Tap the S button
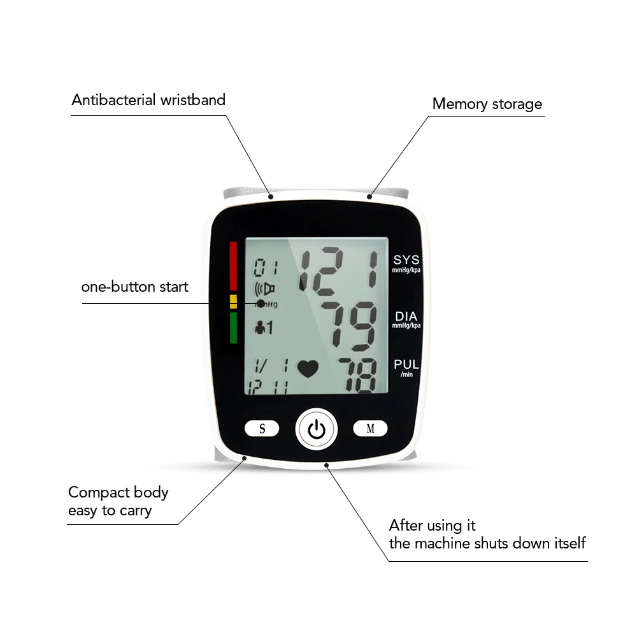[x=262, y=429]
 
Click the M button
[x=370, y=429]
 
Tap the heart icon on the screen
[x=307, y=369]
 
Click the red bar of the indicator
[x=233, y=266]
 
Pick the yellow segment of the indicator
[x=233, y=301]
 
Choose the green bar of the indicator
[x=233, y=327]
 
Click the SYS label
[x=406, y=260]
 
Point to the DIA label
[x=406, y=316]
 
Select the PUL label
[x=406, y=364]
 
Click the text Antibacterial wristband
[x=148, y=100]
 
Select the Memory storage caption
[x=487, y=104]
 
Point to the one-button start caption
[x=134, y=287]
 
